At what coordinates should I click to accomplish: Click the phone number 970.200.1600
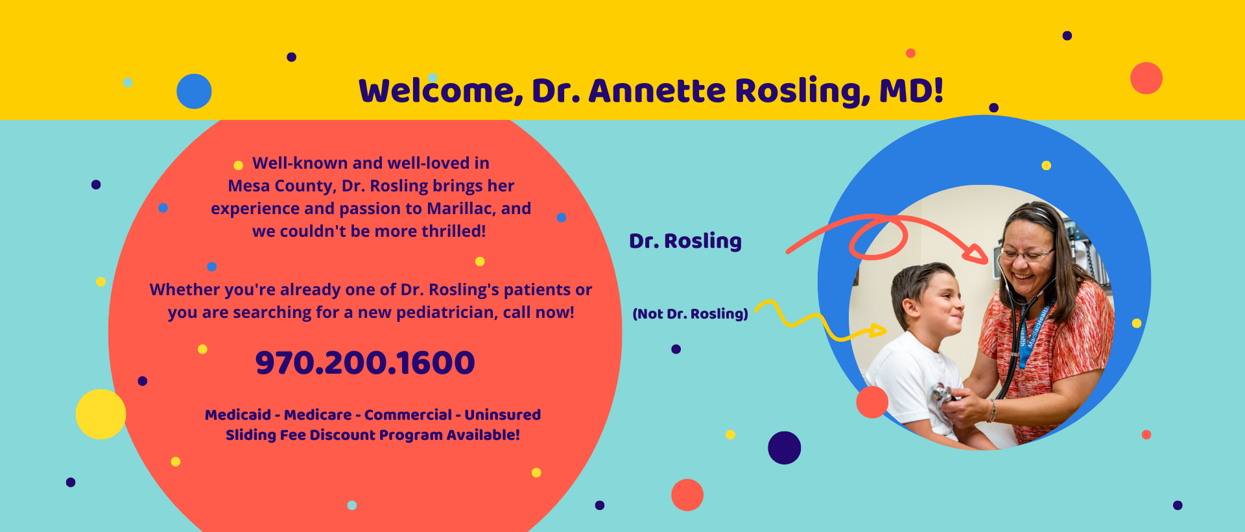(365, 363)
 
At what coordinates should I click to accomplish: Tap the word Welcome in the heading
(440, 91)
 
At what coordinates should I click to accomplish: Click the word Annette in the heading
(657, 90)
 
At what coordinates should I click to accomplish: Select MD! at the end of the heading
(911, 90)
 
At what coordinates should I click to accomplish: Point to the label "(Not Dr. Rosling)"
(690, 314)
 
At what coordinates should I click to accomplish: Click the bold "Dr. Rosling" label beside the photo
(685, 241)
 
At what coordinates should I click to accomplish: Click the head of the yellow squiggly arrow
(877, 331)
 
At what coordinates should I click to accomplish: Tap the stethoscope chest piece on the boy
(942, 394)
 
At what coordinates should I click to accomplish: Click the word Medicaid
(238, 415)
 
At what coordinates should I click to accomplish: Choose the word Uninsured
(503, 415)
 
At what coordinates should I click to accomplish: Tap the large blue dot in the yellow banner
(194, 91)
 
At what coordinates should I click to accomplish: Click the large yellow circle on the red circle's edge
(101, 414)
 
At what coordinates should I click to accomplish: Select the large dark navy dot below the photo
(785, 448)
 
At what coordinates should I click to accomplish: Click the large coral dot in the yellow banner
(1146, 78)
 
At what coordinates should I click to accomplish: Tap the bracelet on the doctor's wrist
(992, 411)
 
